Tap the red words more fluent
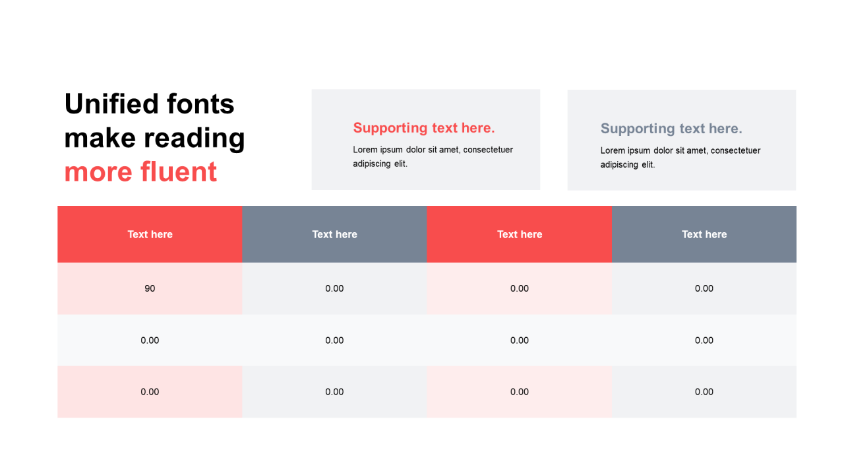point(140,172)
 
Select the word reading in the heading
point(195,139)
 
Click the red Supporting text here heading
point(424,128)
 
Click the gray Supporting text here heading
point(671,129)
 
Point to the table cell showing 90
point(150,288)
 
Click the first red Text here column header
point(150,234)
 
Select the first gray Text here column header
point(334,234)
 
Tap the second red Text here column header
point(520,234)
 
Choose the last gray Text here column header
point(704,234)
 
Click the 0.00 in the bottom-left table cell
point(150,392)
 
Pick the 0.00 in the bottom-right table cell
point(704,392)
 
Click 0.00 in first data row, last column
point(704,288)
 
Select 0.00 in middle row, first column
point(150,340)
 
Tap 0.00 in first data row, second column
point(334,288)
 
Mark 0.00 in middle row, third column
point(519,340)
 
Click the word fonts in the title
point(200,104)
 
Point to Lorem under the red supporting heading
point(365,150)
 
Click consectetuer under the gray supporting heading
point(735,150)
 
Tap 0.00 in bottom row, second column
point(334,392)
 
